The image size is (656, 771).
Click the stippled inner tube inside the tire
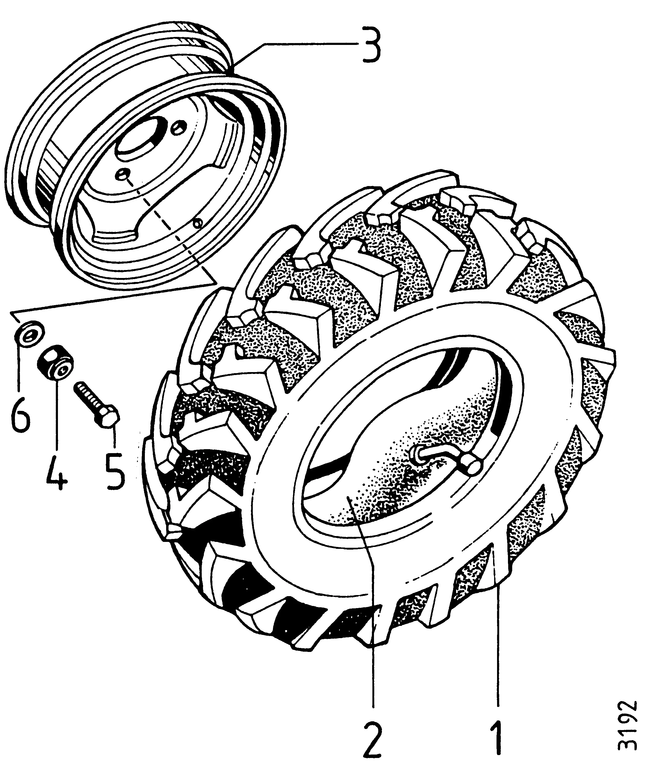[394, 483]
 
